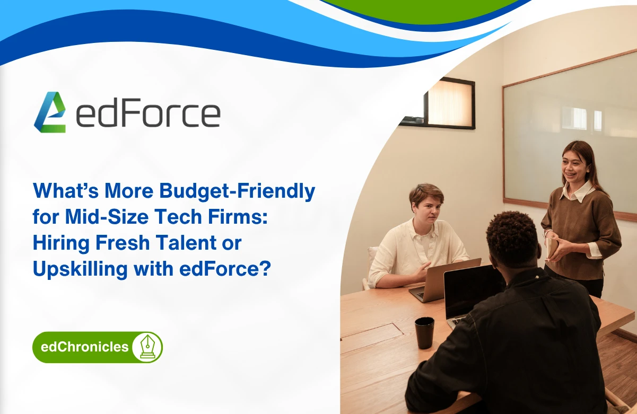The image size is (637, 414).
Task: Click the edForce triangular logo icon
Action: [50, 112]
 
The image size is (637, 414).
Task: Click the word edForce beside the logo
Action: [149, 112]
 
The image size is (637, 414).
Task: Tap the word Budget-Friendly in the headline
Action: [237, 191]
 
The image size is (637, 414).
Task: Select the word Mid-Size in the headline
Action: [107, 217]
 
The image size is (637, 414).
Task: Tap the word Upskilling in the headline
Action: [80, 269]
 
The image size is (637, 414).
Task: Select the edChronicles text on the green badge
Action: [84, 347]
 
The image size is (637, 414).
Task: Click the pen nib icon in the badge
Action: [147, 347]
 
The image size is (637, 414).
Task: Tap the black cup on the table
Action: [424, 333]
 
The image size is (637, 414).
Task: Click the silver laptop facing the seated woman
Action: [443, 281]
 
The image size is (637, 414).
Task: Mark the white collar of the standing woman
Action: [577, 192]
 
